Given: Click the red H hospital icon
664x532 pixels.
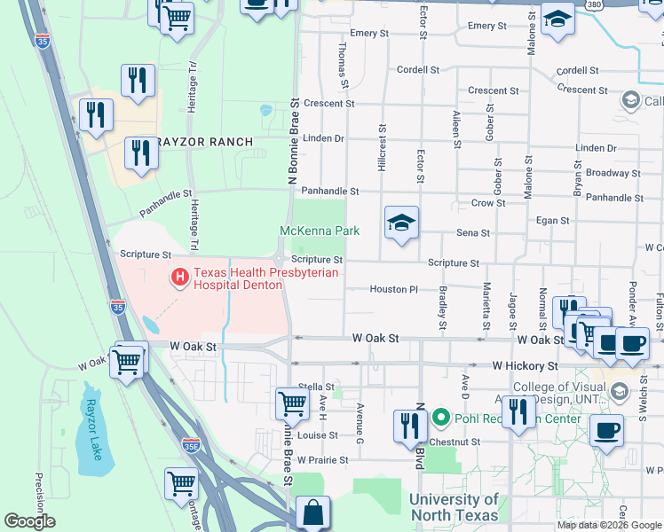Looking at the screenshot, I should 180,279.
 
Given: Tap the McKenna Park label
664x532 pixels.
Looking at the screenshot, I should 320,231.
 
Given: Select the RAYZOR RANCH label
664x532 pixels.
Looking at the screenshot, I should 203,142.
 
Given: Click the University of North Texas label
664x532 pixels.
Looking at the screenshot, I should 454,507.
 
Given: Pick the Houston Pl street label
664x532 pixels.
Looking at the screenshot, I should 393,289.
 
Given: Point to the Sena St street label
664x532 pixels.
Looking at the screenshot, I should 472,233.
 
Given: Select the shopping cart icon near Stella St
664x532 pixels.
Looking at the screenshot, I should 292,403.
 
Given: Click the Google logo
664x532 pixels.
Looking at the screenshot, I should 29,521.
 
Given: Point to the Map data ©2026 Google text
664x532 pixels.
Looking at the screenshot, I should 608,525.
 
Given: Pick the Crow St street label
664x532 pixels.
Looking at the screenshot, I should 488,203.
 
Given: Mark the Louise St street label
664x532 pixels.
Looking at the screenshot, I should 317,435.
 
